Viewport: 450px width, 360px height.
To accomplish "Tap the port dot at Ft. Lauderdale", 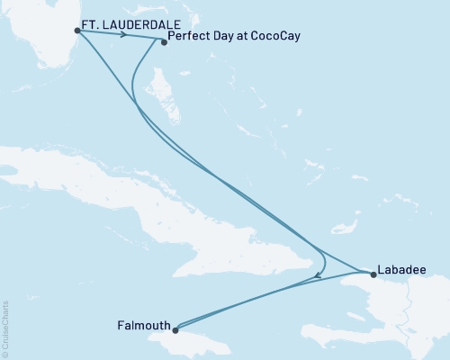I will pyautogui.click(x=77, y=31).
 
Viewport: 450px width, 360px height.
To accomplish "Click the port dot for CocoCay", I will pyautogui.click(x=163, y=41).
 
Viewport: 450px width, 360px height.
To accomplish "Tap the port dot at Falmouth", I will pyautogui.click(x=177, y=329).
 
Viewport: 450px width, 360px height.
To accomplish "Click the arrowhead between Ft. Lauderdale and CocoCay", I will pyautogui.click(x=121, y=35).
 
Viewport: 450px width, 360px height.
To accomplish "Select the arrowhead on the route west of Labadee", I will pyautogui.click(x=318, y=278).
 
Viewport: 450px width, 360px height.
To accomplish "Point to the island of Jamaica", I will pyautogui.click(x=193, y=340).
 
